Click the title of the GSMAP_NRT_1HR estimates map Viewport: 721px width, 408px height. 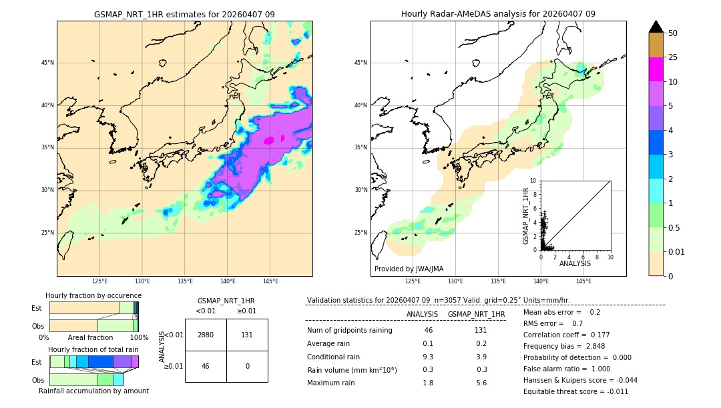pos(184,14)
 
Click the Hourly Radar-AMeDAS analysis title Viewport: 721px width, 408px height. pos(498,14)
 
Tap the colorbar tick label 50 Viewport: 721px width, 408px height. pos(673,33)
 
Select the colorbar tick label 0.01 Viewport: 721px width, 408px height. pos(677,251)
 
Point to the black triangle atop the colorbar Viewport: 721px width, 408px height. pos(656,27)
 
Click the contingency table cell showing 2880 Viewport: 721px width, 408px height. pos(206,335)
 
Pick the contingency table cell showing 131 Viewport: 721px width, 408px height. pos(247,335)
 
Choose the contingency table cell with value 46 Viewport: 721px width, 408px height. pos(206,366)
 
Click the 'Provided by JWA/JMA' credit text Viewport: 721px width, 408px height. pos(409,269)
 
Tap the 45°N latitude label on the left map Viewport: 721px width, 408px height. pos(47,63)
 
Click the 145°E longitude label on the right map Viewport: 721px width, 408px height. pos(583,281)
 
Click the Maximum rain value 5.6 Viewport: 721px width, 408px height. pos(480,383)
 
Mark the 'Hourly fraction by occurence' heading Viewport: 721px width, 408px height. pos(93,295)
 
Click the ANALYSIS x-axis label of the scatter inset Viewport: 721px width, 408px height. pos(575,263)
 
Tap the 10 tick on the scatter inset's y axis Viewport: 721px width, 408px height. pos(533,181)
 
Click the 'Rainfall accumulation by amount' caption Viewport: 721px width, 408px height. pos(93,391)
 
